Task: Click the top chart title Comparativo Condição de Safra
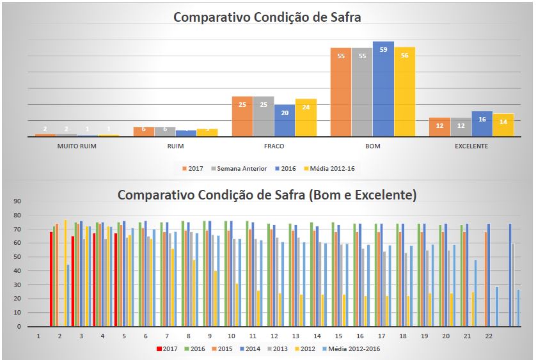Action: [x=267, y=17]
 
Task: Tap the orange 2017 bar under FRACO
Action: [x=242, y=116]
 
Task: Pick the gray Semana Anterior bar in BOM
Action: [x=361, y=91]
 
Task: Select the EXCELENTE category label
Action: [x=471, y=146]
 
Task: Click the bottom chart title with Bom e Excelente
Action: [x=267, y=195]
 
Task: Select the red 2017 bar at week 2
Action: [x=51, y=279]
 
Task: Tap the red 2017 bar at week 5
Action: [x=116, y=279]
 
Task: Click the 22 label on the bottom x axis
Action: [x=489, y=336]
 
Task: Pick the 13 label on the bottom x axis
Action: [x=296, y=336]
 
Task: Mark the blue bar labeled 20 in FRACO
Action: [x=285, y=120]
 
